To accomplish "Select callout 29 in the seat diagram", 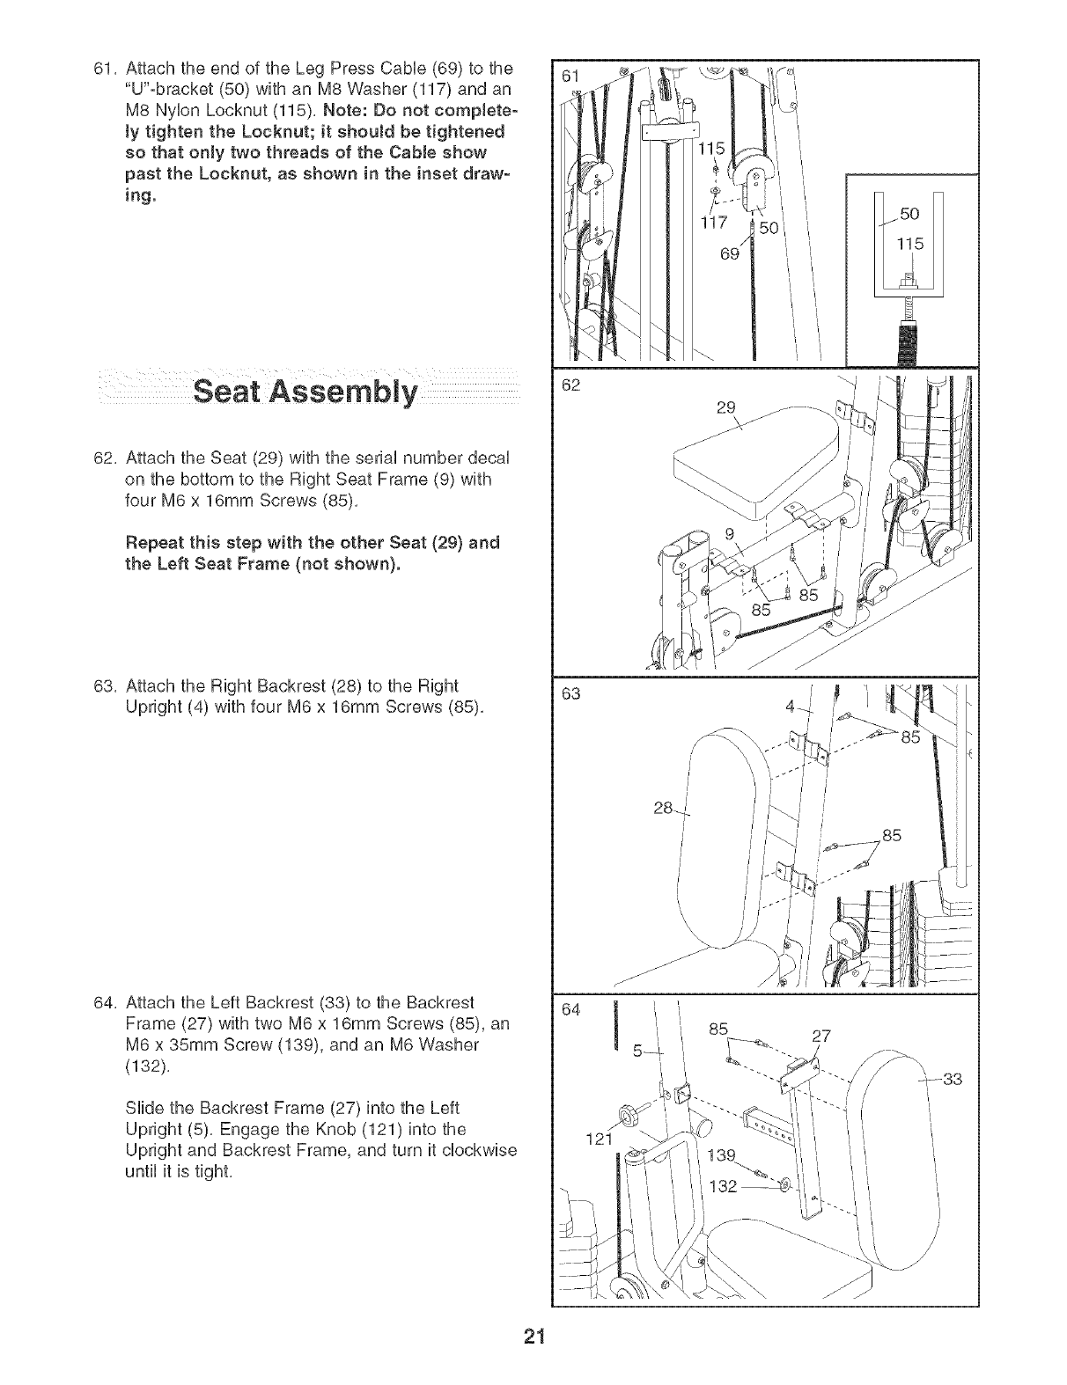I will pos(725,408).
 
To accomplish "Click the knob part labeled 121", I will pos(628,1118).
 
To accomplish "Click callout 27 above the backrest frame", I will pos(821,1036).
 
